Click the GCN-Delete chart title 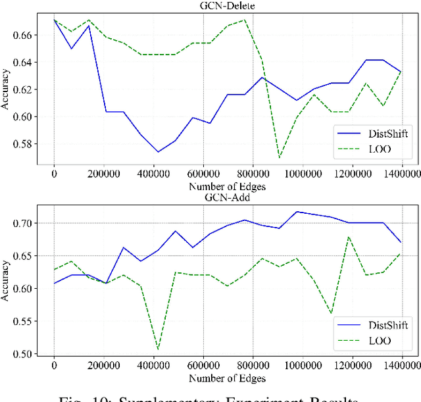click(227, 7)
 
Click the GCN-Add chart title click(227, 195)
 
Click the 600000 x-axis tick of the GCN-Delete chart click(203, 174)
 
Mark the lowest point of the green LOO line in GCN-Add click(158, 349)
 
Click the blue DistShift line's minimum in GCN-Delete click(158, 152)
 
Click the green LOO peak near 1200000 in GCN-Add click(349, 237)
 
